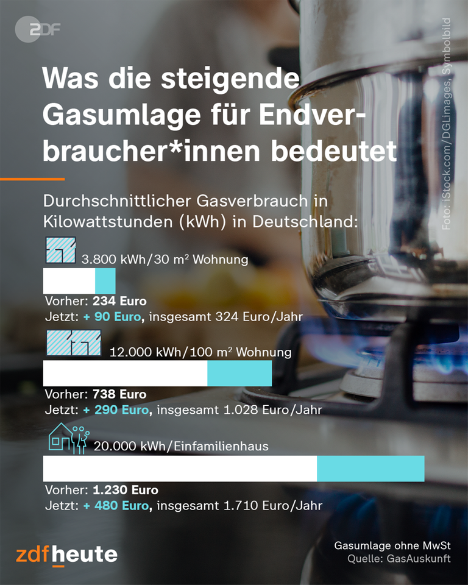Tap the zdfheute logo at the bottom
point(66,555)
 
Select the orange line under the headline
point(32,179)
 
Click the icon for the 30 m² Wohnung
point(60,250)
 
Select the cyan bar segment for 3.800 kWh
point(105,282)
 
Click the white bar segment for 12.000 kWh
point(125,374)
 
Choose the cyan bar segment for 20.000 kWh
point(370,469)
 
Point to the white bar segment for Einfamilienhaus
point(180,469)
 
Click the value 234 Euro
point(119,301)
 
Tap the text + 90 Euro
point(112,317)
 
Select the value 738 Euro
point(119,394)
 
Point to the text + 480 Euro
point(116,506)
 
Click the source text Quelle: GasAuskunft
point(399,558)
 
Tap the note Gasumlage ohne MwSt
point(392,545)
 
